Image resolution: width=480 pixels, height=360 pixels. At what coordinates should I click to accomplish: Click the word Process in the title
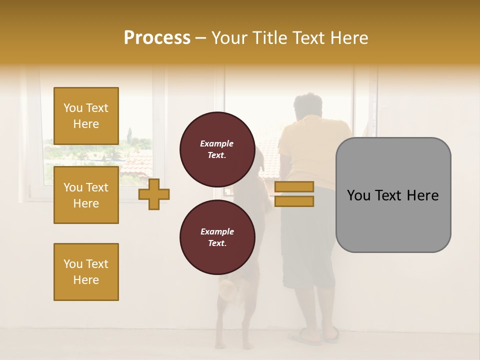157,38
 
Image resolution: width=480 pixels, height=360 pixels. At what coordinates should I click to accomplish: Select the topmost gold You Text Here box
86,116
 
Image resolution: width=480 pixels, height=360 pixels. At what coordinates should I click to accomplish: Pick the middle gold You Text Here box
86,195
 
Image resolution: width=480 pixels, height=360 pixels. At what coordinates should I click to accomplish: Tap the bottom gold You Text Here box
86,271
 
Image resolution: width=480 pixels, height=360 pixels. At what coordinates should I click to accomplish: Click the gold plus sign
154,194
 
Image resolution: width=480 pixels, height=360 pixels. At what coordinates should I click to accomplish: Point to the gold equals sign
294,194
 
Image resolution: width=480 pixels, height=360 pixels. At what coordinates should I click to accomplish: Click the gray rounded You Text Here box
393,195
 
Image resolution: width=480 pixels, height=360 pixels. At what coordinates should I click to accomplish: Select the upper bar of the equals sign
294,186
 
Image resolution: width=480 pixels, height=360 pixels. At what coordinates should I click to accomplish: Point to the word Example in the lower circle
217,231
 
